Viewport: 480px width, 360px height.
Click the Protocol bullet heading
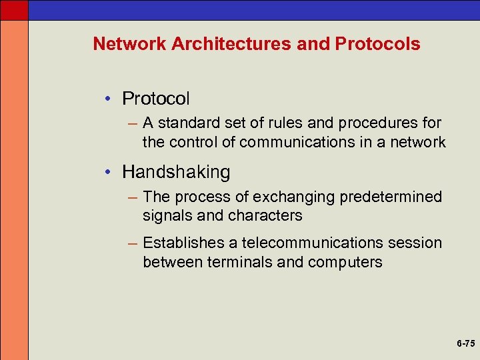pyautogui.click(x=156, y=99)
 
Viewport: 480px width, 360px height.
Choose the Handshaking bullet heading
pyautogui.click(x=176, y=172)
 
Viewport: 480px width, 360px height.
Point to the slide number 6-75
pyautogui.click(x=465, y=343)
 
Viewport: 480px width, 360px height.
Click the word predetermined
pyautogui.click(x=391, y=197)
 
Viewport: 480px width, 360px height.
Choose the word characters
pyautogui.click(x=265, y=216)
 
